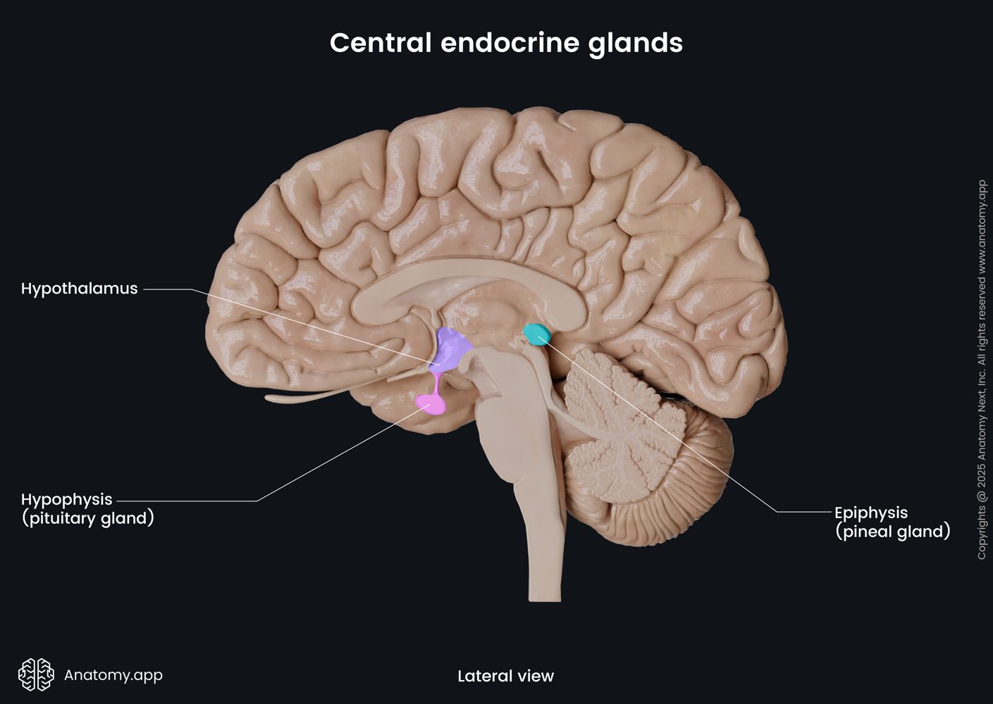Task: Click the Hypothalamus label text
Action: coord(79,289)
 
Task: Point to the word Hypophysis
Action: coord(66,499)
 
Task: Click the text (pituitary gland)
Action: coord(87,519)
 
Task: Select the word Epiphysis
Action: coord(870,513)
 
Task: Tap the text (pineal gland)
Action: coord(892,532)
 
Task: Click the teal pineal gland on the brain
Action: coord(538,333)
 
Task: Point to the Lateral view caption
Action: coord(505,677)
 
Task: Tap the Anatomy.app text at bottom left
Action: coord(113,675)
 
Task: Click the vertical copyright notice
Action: coord(982,370)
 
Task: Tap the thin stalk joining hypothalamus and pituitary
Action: coord(437,383)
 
